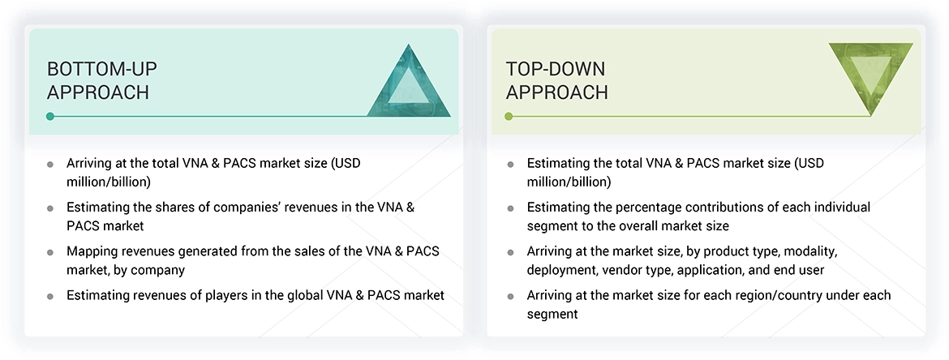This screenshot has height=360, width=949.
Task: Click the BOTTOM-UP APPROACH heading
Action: pos(98,80)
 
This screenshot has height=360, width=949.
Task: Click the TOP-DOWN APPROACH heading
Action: pos(556,80)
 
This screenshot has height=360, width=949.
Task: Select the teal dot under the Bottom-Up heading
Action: pos(50,116)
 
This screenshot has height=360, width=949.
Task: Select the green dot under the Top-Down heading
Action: pos(509,116)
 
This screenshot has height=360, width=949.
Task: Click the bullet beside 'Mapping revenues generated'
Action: pos(50,252)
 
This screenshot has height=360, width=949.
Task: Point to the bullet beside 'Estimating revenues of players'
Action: pos(50,297)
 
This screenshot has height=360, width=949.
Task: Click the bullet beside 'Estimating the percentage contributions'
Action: pos(510,208)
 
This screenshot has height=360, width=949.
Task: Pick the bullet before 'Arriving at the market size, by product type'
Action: pos(510,252)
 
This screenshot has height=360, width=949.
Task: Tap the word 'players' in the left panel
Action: pos(224,295)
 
